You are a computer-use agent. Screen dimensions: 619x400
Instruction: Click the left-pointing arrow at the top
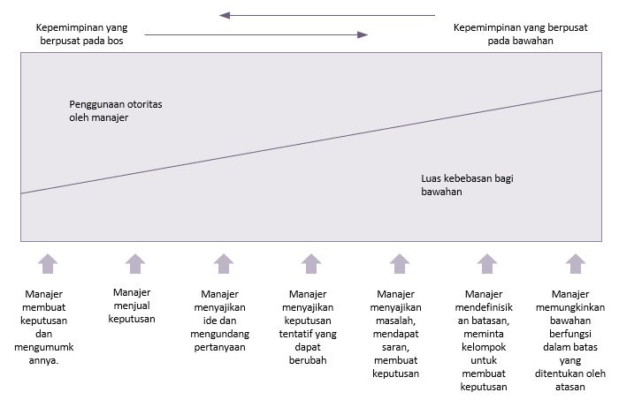(x=327, y=15)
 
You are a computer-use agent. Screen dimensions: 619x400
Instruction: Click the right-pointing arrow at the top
(x=256, y=34)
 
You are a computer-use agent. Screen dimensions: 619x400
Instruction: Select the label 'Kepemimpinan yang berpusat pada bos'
(x=81, y=34)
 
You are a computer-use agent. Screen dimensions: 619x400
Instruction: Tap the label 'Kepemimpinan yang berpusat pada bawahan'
(x=520, y=34)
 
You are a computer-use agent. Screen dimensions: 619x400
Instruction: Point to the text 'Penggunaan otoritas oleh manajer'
(x=116, y=110)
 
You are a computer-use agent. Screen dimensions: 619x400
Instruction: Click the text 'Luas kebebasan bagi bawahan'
(x=467, y=185)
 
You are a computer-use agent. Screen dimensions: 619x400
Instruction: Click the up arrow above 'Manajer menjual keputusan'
(x=135, y=264)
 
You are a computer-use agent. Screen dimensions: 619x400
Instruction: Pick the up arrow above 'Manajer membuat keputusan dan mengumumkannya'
(x=48, y=264)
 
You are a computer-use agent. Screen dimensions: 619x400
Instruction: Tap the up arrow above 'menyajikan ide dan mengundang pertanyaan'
(x=224, y=264)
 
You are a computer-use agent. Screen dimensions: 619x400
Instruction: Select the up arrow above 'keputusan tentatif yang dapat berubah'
(x=311, y=264)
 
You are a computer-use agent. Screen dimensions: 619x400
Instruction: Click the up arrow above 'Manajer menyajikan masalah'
(x=400, y=264)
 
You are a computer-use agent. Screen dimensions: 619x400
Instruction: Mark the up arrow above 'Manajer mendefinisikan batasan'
(x=487, y=264)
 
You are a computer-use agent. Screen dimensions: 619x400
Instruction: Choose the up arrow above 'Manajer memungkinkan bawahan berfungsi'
(x=576, y=264)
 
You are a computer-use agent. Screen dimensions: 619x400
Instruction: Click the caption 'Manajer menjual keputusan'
(x=132, y=306)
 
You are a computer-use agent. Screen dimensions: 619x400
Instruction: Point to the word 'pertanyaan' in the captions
(x=219, y=347)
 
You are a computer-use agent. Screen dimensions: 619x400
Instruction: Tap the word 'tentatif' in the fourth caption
(x=294, y=334)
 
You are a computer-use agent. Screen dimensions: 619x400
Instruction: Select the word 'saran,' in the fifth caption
(x=395, y=347)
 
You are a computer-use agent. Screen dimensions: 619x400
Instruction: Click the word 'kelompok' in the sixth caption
(x=484, y=347)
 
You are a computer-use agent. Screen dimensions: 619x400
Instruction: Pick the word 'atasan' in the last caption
(x=570, y=387)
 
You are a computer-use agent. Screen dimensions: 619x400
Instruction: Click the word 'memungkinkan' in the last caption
(x=570, y=307)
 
